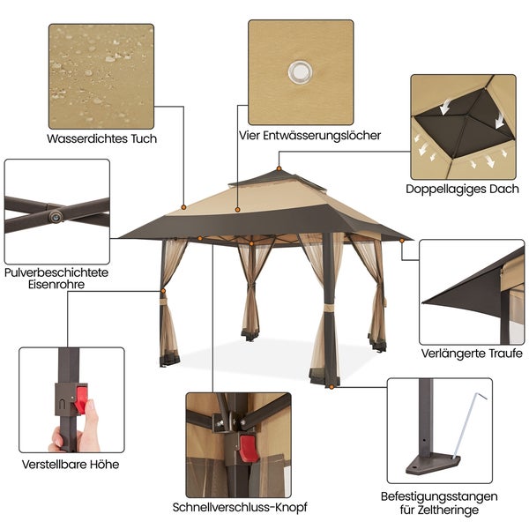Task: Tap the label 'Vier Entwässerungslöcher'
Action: coord(309,136)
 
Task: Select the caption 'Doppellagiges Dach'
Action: coord(462,189)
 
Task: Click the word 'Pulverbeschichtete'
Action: coord(56,272)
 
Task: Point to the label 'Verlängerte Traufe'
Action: coord(471,353)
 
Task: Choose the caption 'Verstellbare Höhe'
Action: coord(70,464)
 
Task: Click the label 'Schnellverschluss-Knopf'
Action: coord(239,507)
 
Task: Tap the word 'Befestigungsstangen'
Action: coord(439,496)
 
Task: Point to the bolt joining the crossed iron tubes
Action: coord(56,214)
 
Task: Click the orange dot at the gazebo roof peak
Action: coord(279,168)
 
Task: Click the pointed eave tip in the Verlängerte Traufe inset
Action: coord(426,302)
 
